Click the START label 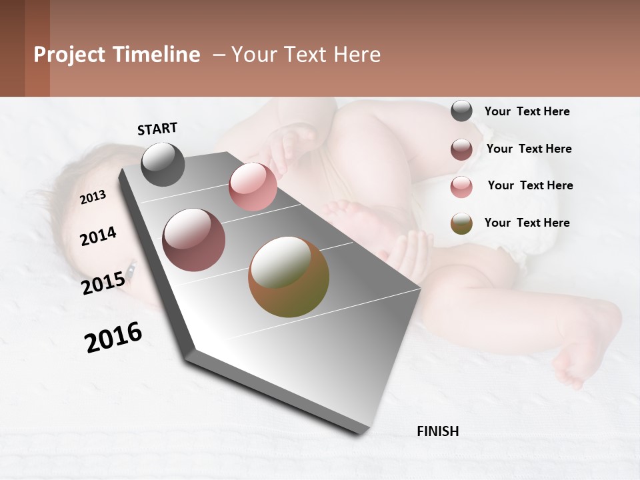pos(157,129)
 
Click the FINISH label pos(437,431)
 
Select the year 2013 pos(93,197)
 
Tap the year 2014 pos(98,236)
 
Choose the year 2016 pos(113,337)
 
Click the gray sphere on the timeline pos(163,164)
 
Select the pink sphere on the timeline pos(253,187)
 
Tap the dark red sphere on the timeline pos(193,240)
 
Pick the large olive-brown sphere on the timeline pos(289,277)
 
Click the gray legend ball pos(461,111)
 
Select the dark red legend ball pos(461,149)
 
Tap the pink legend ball pos(461,187)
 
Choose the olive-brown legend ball pos(461,223)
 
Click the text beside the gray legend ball pos(527,111)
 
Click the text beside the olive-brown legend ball pos(527,223)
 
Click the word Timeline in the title pos(155,55)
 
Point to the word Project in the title pos(68,55)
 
